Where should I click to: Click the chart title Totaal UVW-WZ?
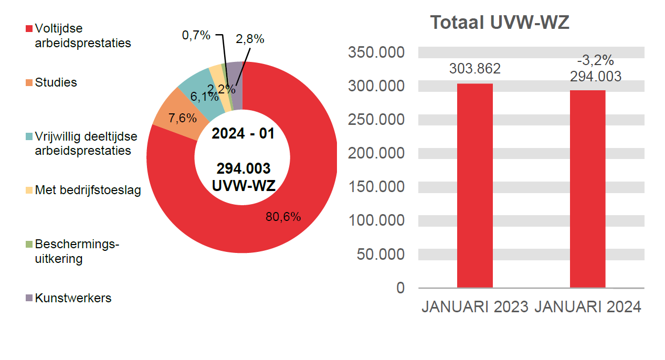pyautogui.click(x=499, y=23)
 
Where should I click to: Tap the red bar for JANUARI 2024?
pyautogui.click(x=587, y=189)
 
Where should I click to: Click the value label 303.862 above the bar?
pyautogui.click(x=474, y=69)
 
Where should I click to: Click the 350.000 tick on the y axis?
pyautogui.click(x=376, y=52)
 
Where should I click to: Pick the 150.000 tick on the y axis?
pyautogui.click(x=376, y=187)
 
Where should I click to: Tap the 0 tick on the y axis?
pyautogui.click(x=400, y=288)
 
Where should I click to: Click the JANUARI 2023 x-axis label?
pyautogui.click(x=474, y=307)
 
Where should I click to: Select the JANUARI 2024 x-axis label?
pyautogui.click(x=587, y=307)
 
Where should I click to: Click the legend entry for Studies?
pyautogui.click(x=56, y=82)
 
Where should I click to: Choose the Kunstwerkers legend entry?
pyautogui.click(x=73, y=298)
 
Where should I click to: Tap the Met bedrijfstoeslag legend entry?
pyautogui.click(x=88, y=190)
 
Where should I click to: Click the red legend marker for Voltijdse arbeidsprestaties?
pyautogui.click(x=29, y=28)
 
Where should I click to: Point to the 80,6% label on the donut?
pyautogui.click(x=283, y=217)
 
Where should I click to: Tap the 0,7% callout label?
pyautogui.click(x=196, y=35)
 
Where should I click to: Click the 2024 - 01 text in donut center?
pyautogui.click(x=242, y=133)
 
